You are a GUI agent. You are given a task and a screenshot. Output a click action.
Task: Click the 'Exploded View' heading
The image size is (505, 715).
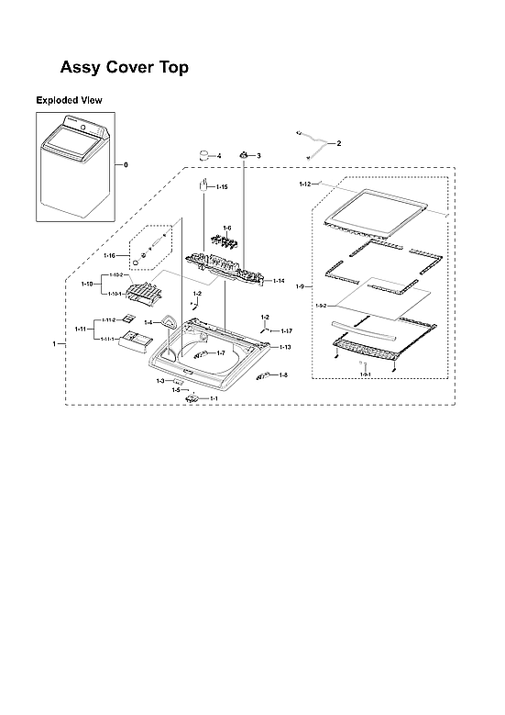(69, 99)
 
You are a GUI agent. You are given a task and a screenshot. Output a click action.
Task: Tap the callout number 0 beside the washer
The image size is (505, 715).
(126, 164)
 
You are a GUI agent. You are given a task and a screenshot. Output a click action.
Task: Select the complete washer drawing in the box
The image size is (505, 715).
(73, 165)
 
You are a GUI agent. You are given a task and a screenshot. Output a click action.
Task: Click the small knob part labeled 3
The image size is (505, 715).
(245, 155)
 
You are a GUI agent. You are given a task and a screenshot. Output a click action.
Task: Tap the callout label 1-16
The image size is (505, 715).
(109, 254)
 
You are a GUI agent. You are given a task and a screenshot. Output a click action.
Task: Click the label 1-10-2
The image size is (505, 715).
(115, 275)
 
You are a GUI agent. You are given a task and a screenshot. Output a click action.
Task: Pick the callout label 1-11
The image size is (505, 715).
(81, 329)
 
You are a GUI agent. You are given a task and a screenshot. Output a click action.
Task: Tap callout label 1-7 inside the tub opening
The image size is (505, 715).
(220, 352)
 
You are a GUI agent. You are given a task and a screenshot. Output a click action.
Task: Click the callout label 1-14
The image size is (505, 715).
(279, 281)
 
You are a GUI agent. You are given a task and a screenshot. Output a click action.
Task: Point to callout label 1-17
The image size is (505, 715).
(286, 330)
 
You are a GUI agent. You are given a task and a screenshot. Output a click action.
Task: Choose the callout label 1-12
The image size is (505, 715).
(305, 184)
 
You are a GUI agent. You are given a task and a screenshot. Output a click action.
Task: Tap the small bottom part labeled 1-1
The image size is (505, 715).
(193, 397)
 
